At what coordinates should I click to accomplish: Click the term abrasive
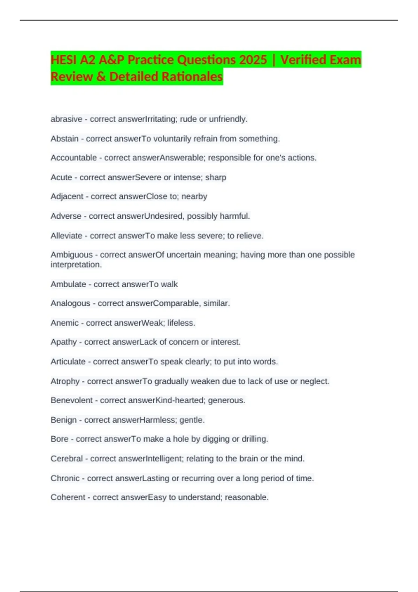66,119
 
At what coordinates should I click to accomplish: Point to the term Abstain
64,139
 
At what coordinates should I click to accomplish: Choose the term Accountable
73,158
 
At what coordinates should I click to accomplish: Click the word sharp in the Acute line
216,177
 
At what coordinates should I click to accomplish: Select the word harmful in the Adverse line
235,216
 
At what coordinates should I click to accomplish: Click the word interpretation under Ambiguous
76,265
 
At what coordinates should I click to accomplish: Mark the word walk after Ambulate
169,284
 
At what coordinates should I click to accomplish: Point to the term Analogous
70,303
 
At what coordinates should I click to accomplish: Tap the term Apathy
63,342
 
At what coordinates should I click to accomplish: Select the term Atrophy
65,381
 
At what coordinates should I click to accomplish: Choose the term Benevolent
72,400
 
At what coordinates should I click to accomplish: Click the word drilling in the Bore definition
255,439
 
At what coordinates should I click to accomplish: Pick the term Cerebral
67,459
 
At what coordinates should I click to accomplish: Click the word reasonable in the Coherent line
247,497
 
